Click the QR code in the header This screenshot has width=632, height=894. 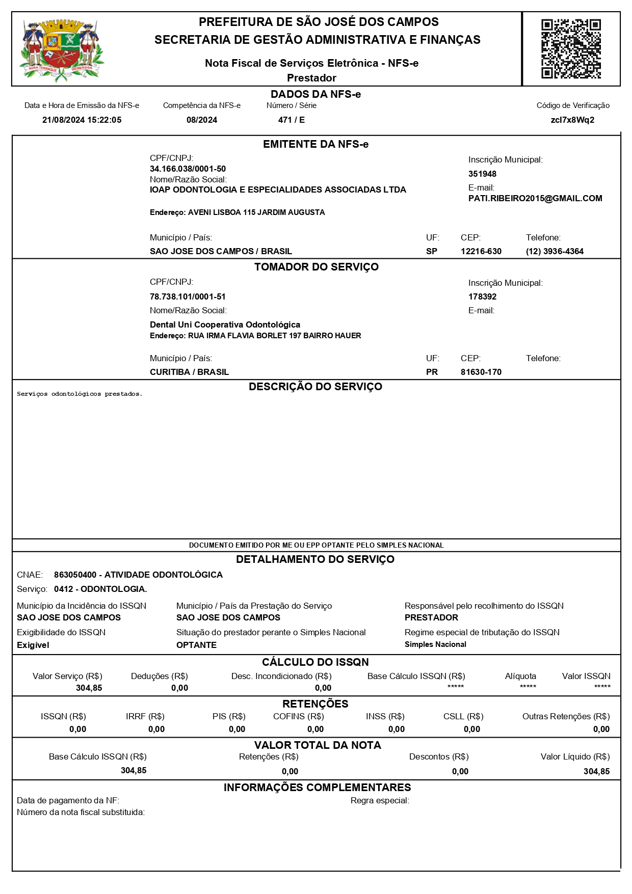point(571,49)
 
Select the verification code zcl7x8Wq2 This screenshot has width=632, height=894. point(572,120)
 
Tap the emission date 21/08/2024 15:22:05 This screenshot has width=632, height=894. point(82,120)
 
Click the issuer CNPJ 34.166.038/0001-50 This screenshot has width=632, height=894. point(188,169)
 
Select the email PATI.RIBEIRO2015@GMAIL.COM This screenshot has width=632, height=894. point(535,199)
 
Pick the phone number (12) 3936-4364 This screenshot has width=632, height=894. point(555,252)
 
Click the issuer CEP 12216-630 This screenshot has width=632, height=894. point(481,252)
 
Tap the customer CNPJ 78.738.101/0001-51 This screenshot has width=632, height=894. point(188,296)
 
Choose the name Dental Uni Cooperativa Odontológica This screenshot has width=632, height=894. point(225,324)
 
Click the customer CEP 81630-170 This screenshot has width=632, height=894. point(481,372)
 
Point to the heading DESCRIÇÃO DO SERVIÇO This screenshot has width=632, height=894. point(315,387)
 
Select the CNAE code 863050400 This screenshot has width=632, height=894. point(75,575)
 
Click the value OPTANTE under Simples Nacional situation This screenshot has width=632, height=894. point(196,645)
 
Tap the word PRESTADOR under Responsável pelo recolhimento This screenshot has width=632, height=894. point(431,617)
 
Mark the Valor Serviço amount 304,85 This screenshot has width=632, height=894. point(89,688)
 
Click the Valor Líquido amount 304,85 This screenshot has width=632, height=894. point(596,771)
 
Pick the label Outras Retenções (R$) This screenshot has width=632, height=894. point(566,717)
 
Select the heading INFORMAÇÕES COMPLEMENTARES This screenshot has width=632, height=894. point(317,788)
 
